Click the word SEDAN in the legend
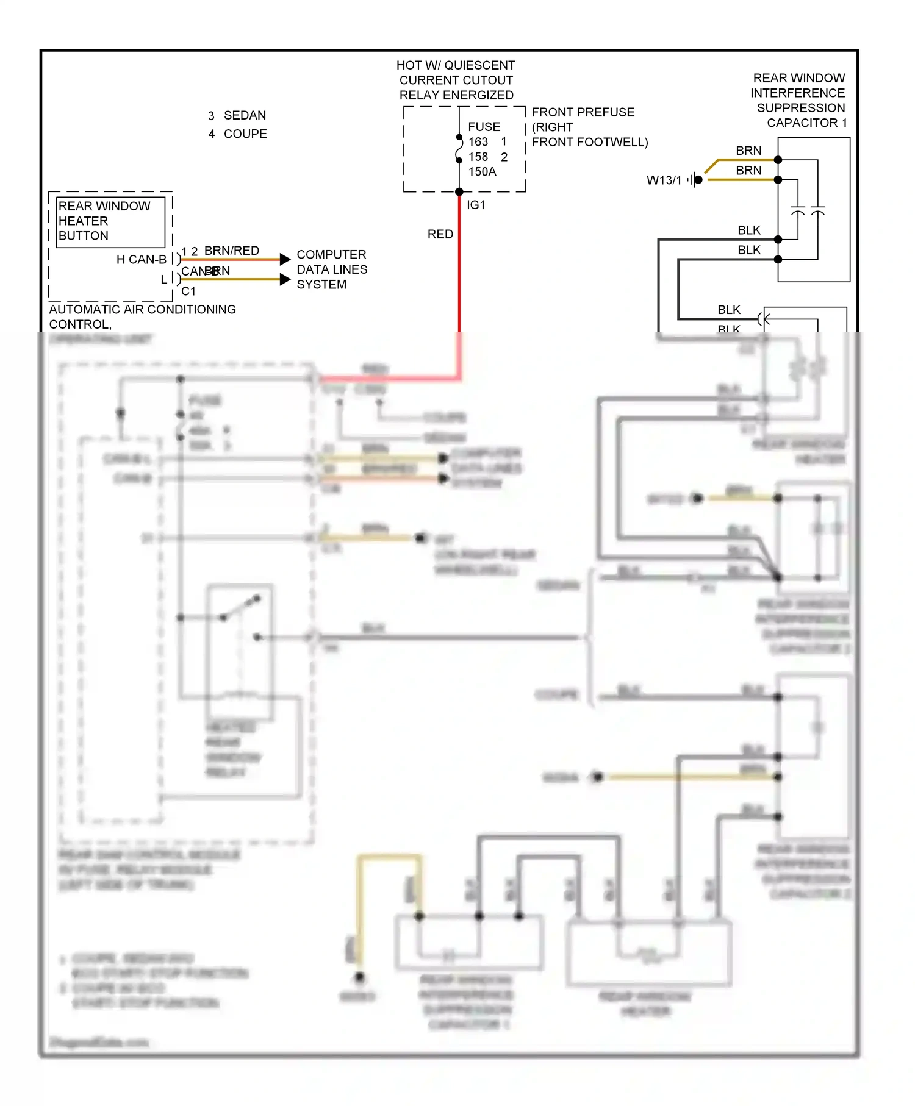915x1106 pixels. pyautogui.click(x=245, y=115)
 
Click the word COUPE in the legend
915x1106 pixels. pyautogui.click(x=245, y=134)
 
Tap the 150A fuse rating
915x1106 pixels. pyautogui.click(x=482, y=172)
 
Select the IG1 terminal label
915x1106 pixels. pyautogui.click(x=476, y=205)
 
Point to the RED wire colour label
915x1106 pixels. pyautogui.click(x=440, y=234)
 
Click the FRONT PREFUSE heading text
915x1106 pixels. pyautogui.click(x=583, y=112)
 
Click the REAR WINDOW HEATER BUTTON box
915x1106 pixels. pyautogui.click(x=110, y=221)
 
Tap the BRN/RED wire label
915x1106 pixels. pyautogui.click(x=231, y=251)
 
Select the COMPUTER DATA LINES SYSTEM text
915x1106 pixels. pyautogui.click(x=331, y=269)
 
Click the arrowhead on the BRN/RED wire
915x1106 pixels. pyautogui.click(x=285, y=259)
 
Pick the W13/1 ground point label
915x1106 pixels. pyautogui.click(x=664, y=180)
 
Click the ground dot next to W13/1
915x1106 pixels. pyautogui.click(x=698, y=180)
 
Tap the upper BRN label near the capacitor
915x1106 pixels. pyautogui.click(x=748, y=151)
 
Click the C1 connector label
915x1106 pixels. pyautogui.click(x=188, y=291)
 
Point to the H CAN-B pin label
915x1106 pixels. pyautogui.click(x=141, y=260)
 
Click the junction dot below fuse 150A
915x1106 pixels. pyautogui.click(x=459, y=192)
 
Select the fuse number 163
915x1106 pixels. pyautogui.click(x=478, y=142)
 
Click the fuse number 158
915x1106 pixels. pyautogui.click(x=478, y=157)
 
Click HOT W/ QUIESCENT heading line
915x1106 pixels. pyautogui.click(x=456, y=65)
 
